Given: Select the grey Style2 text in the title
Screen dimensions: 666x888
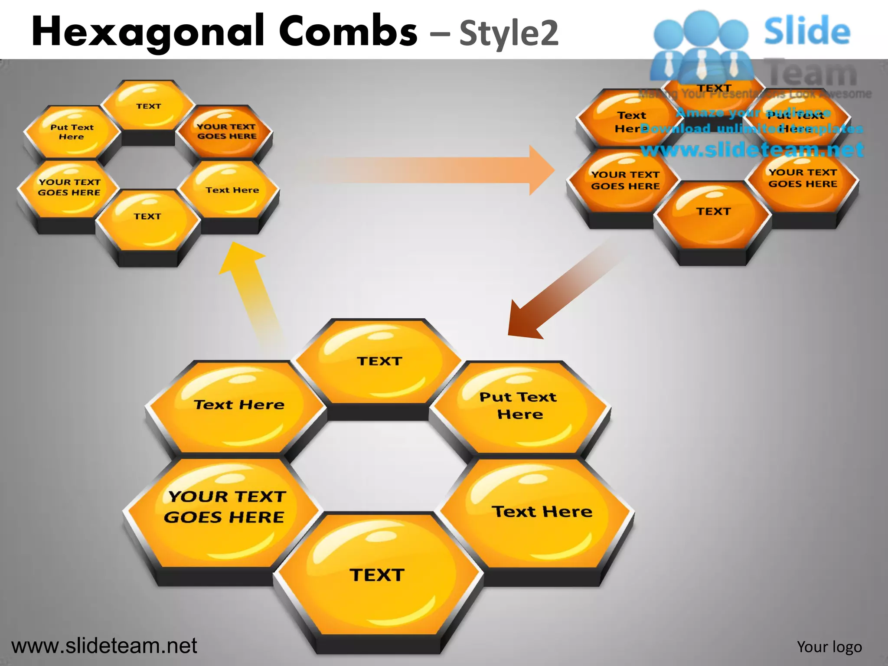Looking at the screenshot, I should (x=509, y=33).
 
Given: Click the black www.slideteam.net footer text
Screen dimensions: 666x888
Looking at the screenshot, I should (x=104, y=646).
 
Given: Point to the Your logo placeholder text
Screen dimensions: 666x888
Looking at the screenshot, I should (x=829, y=646).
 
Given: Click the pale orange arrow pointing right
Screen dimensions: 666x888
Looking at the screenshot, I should (x=434, y=170).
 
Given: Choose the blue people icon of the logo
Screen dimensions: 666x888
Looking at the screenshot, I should (x=700, y=46).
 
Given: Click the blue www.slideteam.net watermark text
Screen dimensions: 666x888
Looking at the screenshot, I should (x=752, y=150).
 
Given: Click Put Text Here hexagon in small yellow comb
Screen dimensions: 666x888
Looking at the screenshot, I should (x=72, y=132).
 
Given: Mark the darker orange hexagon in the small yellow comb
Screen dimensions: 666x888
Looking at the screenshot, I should (x=225, y=131).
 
